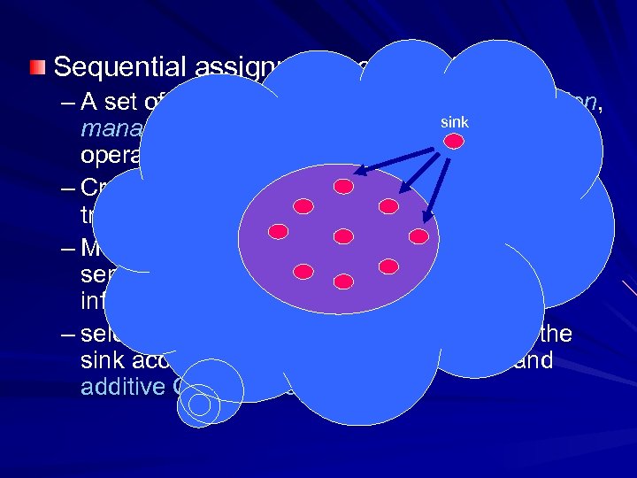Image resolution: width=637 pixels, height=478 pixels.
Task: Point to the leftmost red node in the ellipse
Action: [279, 232]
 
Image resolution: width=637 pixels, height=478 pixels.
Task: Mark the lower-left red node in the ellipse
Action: [303, 268]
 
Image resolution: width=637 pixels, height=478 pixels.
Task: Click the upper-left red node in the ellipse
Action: [303, 206]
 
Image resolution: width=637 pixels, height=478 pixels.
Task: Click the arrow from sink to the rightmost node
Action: [435, 191]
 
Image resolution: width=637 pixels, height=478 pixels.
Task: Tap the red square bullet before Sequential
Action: [36, 66]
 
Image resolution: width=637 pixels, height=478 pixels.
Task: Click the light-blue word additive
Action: [119, 388]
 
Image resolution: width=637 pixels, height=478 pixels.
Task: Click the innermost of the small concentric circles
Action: [201, 405]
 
